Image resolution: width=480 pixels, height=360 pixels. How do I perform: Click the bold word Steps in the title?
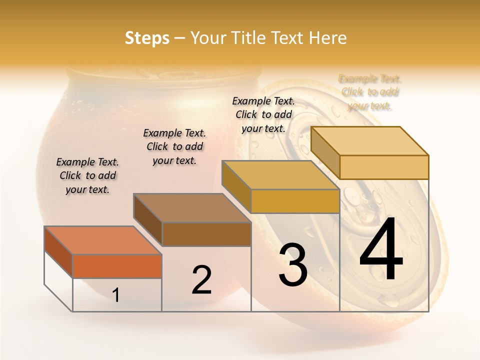[147, 38]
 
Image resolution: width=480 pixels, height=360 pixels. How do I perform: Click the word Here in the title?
[327, 38]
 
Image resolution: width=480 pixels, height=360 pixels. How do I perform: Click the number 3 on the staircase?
[293, 265]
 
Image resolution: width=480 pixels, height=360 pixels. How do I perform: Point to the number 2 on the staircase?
[201, 280]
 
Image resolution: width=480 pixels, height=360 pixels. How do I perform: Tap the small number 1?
[116, 295]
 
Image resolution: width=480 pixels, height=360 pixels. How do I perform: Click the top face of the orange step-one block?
[103, 240]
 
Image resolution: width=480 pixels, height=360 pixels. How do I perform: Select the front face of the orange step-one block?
[117, 266]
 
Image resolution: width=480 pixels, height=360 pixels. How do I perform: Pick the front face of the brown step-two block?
[206, 234]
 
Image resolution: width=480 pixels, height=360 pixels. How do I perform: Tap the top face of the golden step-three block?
[280, 175]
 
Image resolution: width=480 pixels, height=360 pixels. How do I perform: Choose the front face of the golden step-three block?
[295, 201]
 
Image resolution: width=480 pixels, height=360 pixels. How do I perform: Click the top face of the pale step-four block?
[370, 141]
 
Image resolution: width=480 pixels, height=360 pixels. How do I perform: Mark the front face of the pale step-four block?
[384, 167]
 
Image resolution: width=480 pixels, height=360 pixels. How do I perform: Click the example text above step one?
[87, 175]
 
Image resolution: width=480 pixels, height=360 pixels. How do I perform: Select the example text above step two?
[174, 146]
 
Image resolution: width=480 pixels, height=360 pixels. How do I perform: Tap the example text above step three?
[263, 114]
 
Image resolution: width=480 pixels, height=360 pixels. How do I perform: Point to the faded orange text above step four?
[370, 92]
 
